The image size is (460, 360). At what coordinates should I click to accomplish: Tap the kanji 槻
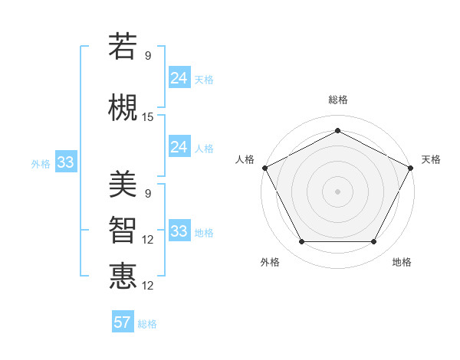point(123,107)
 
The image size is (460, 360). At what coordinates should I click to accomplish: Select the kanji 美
point(123,184)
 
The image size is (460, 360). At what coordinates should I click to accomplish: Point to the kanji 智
point(123,230)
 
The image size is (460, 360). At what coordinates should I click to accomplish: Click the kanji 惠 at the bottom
point(123,276)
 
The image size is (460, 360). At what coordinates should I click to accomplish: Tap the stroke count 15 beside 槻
point(148,117)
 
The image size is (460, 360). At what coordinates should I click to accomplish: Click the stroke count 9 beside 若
point(148,56)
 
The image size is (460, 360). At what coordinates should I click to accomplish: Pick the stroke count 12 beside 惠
point(148,286)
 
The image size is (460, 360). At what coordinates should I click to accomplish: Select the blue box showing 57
point(123,322)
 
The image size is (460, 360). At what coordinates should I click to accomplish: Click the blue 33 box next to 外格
point(65,162)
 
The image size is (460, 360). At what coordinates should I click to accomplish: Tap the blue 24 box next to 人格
point(179,147)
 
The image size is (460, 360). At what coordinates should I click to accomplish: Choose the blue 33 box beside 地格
point(179,231)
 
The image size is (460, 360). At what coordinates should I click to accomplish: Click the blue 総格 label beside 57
point(147,324)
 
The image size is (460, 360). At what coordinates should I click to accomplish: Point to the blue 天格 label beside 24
point(204,80)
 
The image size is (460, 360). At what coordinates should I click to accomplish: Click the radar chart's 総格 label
point(337,100)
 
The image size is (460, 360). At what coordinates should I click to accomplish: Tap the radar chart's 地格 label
point(402,263)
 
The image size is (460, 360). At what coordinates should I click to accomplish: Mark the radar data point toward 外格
point(301,242)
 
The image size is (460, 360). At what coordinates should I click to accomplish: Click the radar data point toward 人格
point(264,167)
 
